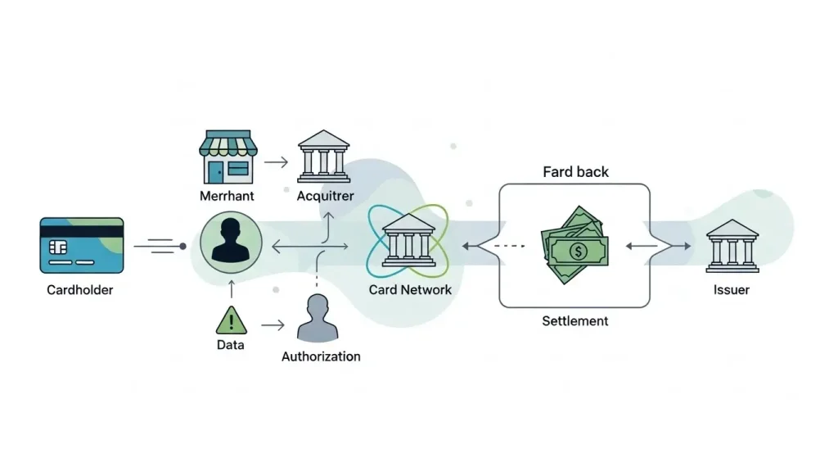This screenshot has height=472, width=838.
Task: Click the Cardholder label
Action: pos(79,289)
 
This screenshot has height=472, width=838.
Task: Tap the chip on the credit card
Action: pos(58,247)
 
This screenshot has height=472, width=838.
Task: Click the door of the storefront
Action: pos(215,171)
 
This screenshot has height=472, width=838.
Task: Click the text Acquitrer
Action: pos(325,197)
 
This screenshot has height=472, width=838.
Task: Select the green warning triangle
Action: pos(231,319)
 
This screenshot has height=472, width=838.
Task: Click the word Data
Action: pos(231,345)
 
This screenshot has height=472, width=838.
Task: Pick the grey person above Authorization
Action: pos(317,320)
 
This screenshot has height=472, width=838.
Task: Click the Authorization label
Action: pos(321,356)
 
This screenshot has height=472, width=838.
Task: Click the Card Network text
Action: pos(410,289)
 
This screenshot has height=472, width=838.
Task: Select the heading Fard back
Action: pos(576,172)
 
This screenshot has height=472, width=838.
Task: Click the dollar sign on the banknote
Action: pos(578,251)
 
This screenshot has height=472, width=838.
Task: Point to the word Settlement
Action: pos(575,320)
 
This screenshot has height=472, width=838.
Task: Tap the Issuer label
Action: pos(731,289)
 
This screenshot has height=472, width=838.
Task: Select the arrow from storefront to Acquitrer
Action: pos(276,161)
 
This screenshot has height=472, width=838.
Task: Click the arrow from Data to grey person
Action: pos(273,325)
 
